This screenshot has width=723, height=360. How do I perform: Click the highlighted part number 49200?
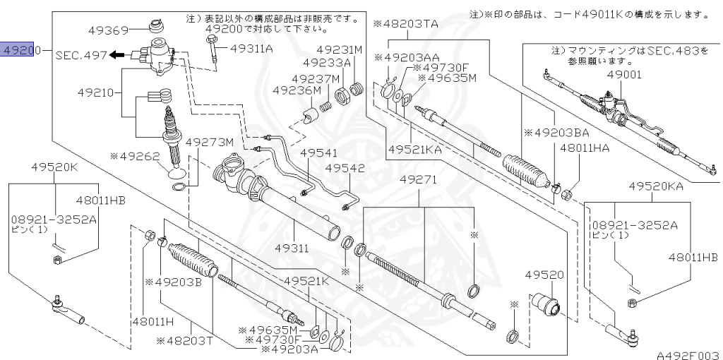[x=18, y=51]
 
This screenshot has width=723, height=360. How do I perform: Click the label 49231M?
[x=339, y=50]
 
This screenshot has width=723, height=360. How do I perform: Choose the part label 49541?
[x=318, y=153]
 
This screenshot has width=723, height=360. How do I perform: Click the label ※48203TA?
[x=405, y=24]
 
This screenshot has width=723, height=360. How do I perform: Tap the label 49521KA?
[x=416, y=150]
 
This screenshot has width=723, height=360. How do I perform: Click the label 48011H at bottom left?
[x=152, y=321]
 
